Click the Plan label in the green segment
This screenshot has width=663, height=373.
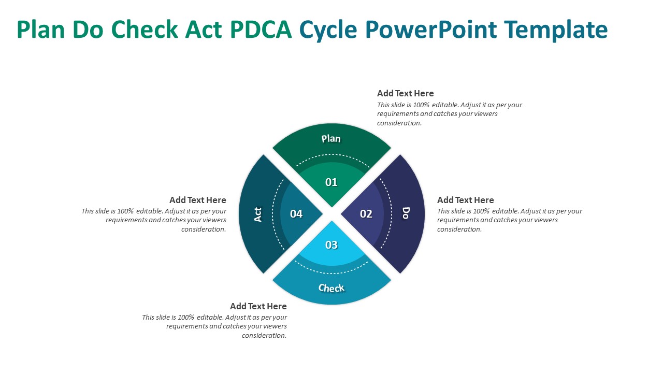tap(331, 138)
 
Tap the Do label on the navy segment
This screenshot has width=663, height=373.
tap(406, 213)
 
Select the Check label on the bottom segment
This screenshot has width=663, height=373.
tap(331, 288)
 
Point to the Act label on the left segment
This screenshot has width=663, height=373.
tap(258, 214)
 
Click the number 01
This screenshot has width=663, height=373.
tap(331, 182)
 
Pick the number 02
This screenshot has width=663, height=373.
tap(366, 213)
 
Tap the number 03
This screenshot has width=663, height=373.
tap(331, 245)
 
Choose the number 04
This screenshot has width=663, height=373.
tap(296, 213)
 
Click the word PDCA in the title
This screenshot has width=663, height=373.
tap(261, 30)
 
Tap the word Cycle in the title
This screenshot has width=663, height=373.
tap(328, 30)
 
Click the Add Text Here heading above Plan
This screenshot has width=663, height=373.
tap(406, 93)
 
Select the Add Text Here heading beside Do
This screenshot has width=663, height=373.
tap(466, 200)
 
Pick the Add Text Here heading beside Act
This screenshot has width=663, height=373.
tap(198, 200)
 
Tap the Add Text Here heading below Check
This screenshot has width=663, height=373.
tap(258, 306)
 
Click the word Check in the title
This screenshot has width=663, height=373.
tap(146, 30)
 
